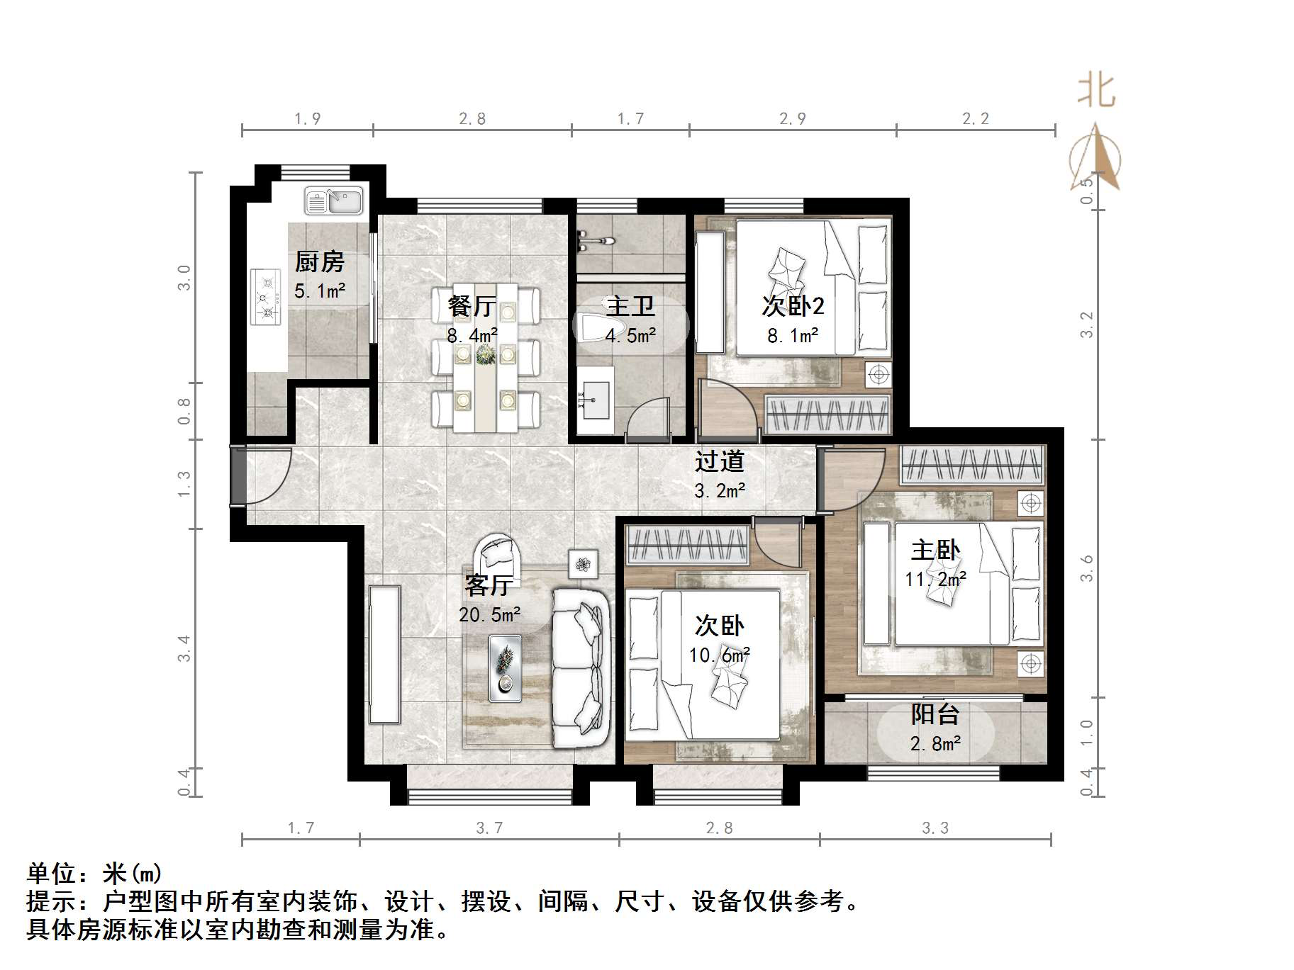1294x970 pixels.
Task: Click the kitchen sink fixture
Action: pyautogui.click(x=333, y=201)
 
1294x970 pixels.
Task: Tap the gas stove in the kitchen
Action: pyautogui.click(x=265, y=297)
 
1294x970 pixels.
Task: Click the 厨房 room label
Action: pyautogui.click(x=320, y=262)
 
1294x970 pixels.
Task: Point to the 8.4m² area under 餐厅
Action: pyautogui.click(x=472, y=335)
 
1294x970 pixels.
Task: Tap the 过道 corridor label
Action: pyautogui.click(x=719, y=461)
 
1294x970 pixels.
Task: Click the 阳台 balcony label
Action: pyautogui.click(x=935, y=714)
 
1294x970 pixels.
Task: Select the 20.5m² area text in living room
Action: pyautogui.click(x=490, y=615)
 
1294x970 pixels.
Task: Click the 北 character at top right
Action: pyautogui.click(x=1096, y=92)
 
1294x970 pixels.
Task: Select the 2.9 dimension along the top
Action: pyautogui.click(x=792, y=119)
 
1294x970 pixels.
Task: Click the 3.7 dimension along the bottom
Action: pyautogui.click(x=489, y=828)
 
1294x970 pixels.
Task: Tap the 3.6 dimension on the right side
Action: pyautogui.click(x=1086, y=568)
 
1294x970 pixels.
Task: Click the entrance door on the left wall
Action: pyautogui.click(x=239, y=475)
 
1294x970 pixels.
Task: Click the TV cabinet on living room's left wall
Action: pyautogui.click(x=384, y=653)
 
